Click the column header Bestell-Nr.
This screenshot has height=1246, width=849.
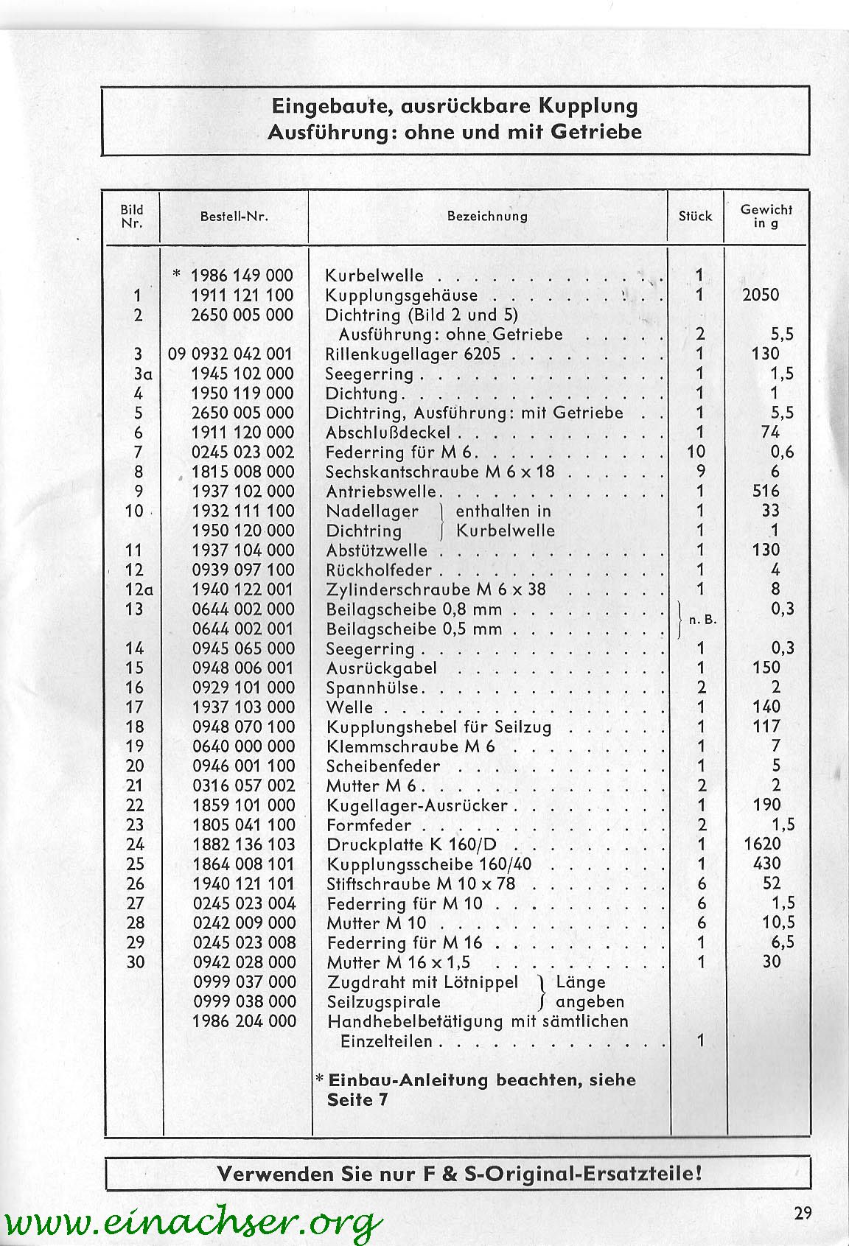234,217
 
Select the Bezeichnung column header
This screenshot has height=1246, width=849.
487,217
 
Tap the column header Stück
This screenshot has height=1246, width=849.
695,217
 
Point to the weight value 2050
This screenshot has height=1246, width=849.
761,295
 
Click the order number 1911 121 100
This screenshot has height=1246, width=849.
242,295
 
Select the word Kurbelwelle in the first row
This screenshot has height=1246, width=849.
374,276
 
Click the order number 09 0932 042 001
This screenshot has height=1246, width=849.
230,354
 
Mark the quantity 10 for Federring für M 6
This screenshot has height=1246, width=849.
696,452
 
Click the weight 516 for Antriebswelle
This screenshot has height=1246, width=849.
766,491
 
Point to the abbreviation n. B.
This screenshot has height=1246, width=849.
702,620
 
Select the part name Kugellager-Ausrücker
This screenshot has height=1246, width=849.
417,805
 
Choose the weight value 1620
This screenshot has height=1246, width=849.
762,844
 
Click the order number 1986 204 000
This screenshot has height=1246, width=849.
244,1021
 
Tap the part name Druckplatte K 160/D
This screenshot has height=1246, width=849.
416,844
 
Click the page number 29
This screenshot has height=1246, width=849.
803,1213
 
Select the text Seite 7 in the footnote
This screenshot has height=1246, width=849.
357,1099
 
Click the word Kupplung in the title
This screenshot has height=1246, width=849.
588,105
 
